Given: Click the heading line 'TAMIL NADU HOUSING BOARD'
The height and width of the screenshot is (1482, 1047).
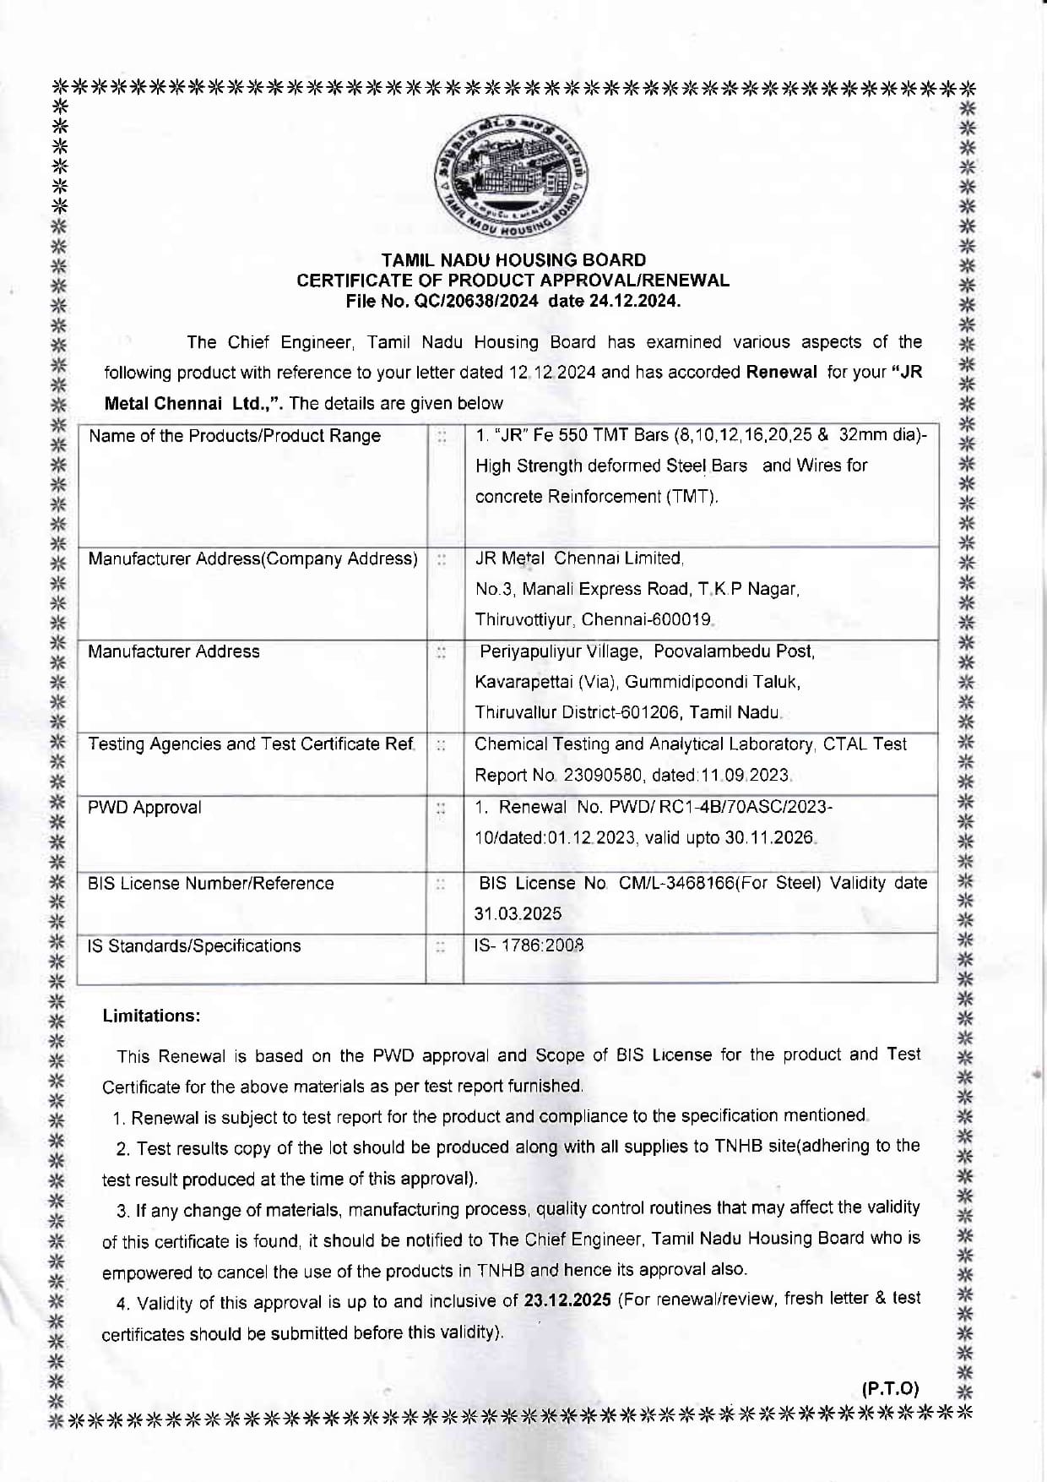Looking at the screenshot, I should (x=513, y=260).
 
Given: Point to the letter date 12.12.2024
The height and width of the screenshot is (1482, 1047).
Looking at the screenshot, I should (x=552, y=373).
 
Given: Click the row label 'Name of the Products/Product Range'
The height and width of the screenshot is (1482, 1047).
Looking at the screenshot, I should (x=235, y=436).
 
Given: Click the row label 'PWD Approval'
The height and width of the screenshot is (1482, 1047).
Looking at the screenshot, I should (x=144, y=807).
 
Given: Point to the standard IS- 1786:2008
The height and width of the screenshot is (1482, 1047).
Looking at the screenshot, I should (x=529, y=945).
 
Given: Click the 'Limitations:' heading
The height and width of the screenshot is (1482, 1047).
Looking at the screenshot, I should (x=151, y=1016).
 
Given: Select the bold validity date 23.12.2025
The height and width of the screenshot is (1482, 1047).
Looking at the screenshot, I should (x=567, y=1300).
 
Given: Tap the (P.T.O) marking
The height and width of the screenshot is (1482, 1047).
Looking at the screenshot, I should (x=890, y=1388).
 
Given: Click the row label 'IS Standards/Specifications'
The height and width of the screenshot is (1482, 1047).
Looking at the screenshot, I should (x=194, y=945).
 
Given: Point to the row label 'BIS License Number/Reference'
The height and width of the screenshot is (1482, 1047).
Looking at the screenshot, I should (x=211, y=883).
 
